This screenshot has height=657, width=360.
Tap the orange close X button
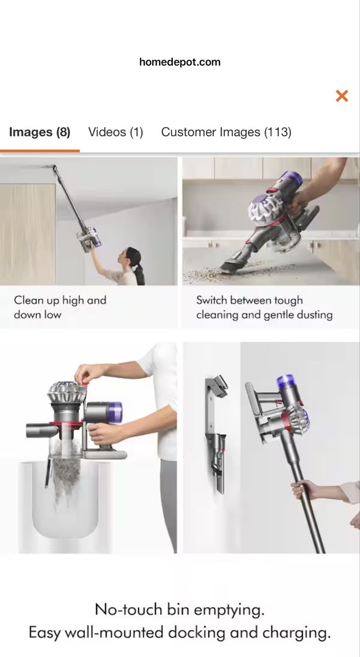pyautogui.click(x=342, y=96)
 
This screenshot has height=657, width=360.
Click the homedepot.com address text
pyautogui.click(x=179, y=62)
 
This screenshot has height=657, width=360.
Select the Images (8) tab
pyautogui.click(x=39, y=132)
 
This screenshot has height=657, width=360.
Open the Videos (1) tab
pyautogui.click(x=116, y=132)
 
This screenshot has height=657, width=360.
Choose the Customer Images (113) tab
pyautogui.click(x=227, y=132)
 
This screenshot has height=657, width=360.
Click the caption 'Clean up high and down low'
pyautogui.click(x=60, y=307)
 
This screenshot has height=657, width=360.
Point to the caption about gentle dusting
pyautogui.click(x=264, y=307)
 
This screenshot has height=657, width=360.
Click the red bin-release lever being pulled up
pyautogui.click(x=84, y=383)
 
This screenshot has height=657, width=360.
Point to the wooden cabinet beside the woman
pyautogui.click(x=27, y=235)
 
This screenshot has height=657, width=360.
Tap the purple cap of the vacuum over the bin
pyautogui.click(x=116, y=412)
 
